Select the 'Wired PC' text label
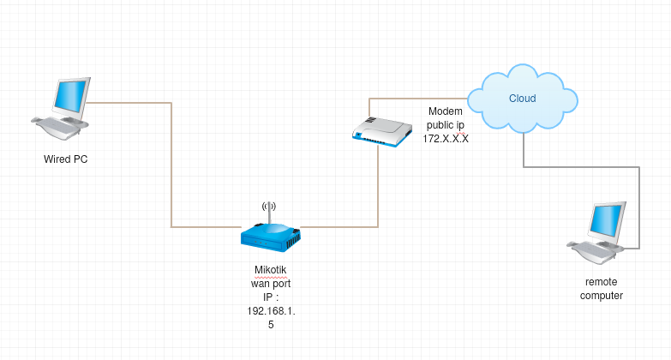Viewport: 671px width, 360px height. [66, 159]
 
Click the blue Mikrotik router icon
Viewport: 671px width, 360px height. [269, 237]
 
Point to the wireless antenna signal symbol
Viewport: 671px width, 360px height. [269, 206]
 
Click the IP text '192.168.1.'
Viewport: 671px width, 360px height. [269, 311]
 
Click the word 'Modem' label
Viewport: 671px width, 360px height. [446, 112]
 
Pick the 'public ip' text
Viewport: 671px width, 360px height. [446, 125]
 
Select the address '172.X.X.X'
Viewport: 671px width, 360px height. [446, 138]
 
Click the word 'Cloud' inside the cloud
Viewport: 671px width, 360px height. [522, 99]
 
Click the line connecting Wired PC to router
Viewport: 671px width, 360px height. [172, 171]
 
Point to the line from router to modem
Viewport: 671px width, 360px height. [378, 189]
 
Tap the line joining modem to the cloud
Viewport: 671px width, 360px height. [420, 100]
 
